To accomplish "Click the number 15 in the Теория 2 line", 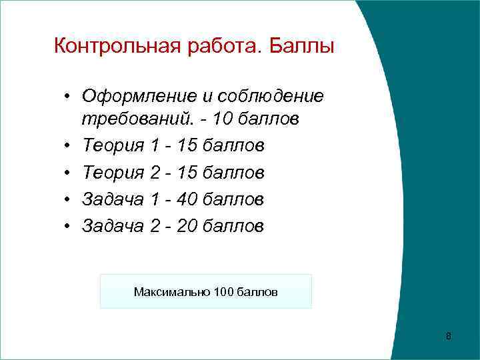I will click(183, 173).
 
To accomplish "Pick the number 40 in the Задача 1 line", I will click(185, 199).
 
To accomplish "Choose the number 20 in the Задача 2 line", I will click(183, 226).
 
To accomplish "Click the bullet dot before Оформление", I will click(68, 97).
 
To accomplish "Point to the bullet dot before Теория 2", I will click(68, 173).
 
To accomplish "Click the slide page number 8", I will click(448, 335).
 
